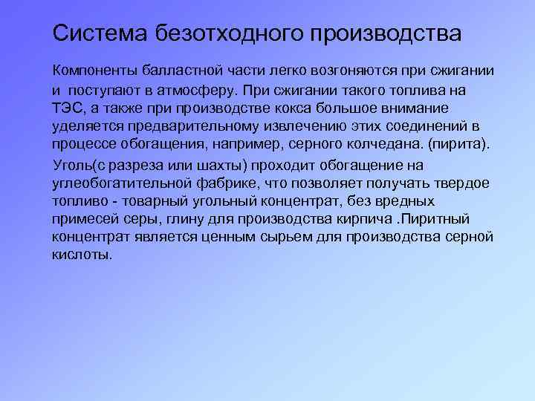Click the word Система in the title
[x=101, y=33]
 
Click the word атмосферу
[x=192, y=91]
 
